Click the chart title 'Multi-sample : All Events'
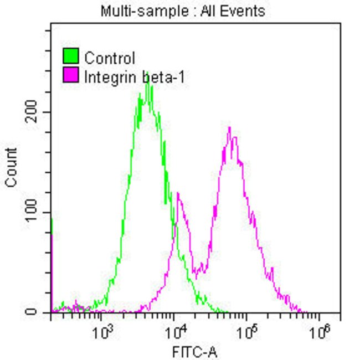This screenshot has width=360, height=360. pyautogui.click(x=183, y=11)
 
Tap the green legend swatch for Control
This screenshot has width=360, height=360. pyautogui.click(x=70, y=56)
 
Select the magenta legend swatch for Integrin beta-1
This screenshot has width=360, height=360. pyautogui.click(x=70, y=75)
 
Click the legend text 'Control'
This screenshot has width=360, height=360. pyautogui.click(x=110, y=58)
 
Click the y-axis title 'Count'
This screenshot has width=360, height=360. pyautogui.click(x=12, y=168)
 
